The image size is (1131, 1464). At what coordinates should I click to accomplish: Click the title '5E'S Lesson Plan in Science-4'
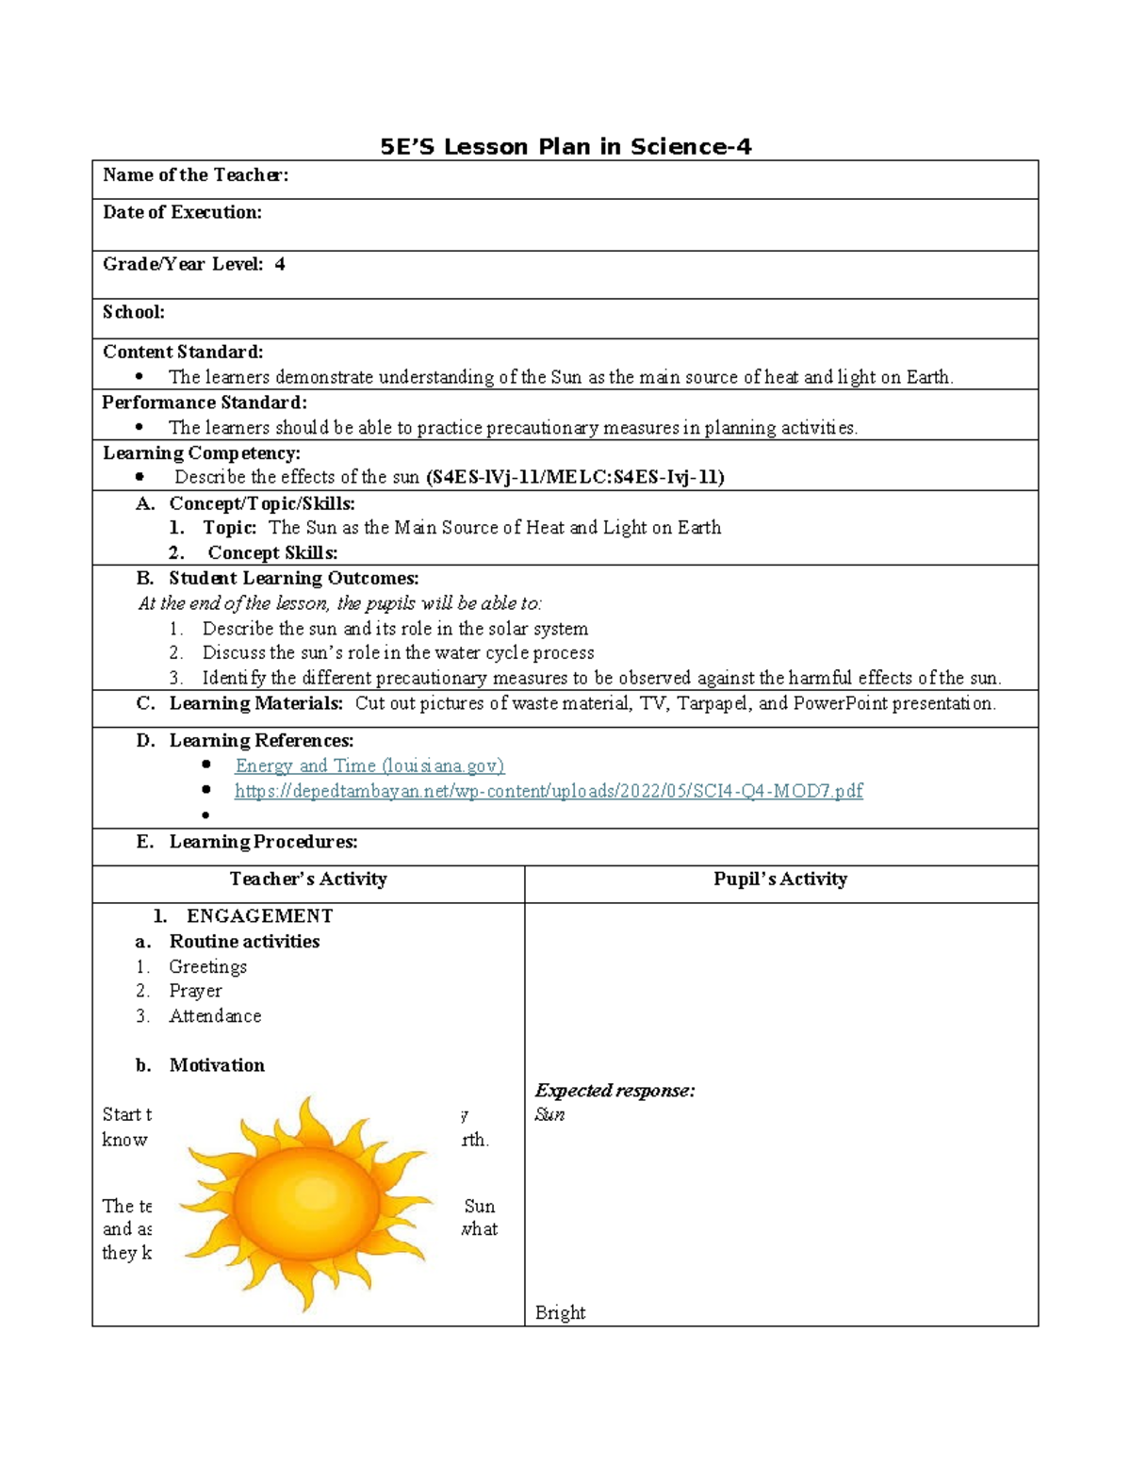click(x=565, y=147)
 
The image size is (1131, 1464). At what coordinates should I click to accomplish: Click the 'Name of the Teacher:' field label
click(x=195, y=175)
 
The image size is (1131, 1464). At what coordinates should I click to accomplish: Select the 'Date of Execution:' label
click(x=182, y=213)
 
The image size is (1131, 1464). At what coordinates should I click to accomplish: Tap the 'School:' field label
click(x=134, y=312)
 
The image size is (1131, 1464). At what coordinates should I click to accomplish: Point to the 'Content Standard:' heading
click(x=183, y=353)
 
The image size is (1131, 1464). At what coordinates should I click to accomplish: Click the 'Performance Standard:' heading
click(x=205, y=403)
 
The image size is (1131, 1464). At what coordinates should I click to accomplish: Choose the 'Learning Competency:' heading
click(x=202, y=453)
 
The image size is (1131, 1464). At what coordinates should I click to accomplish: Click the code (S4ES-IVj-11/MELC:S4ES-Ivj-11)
click(x=575, y=478)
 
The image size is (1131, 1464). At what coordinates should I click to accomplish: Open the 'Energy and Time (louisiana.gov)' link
click(x=369, y=765)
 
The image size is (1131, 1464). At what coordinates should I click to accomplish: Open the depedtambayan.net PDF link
click(x=549, y=791)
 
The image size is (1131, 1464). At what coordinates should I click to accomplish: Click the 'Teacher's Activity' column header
click(x=308, y=880)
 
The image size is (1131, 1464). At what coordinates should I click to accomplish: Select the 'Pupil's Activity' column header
click(x=780, y=880)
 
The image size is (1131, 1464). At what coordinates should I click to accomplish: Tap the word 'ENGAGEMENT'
click(x=259, y=916)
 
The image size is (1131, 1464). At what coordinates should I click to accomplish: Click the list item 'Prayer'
click(x=195, y=991)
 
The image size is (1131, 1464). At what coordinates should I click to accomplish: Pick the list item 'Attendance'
click(x=215, y=1016)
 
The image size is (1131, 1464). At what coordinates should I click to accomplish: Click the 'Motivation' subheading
click(x=217, y=1065)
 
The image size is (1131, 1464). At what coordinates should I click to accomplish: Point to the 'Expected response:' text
click(x=615, y=1091)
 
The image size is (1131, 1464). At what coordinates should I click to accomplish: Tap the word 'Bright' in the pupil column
click(x=560, y=1312)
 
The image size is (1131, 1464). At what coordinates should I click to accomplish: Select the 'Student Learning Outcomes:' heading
click(x=294, y=579)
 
